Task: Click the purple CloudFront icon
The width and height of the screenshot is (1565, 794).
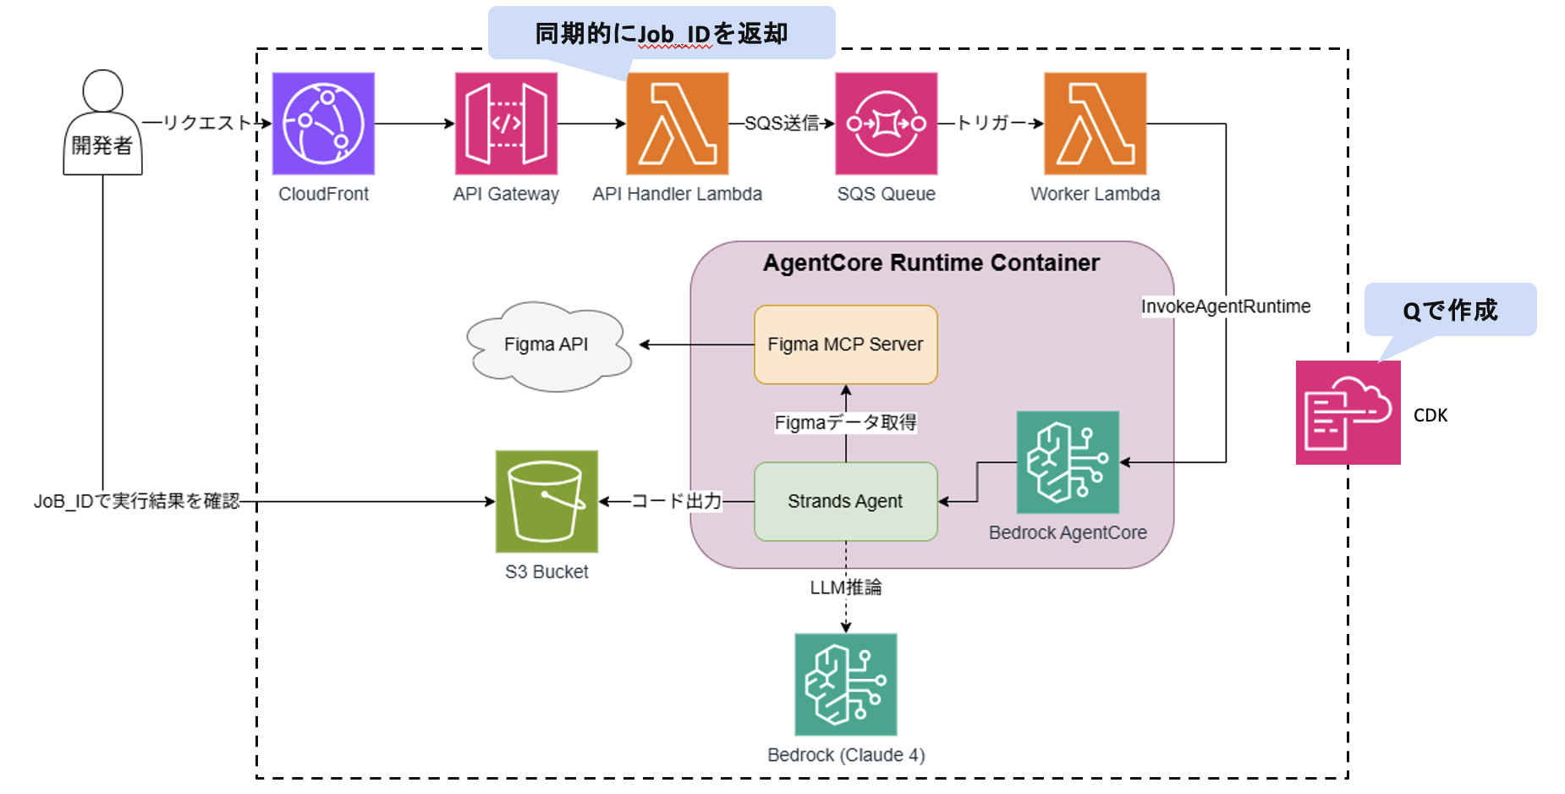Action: [x=323, y=124]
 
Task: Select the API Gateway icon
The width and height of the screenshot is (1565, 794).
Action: [x=506, y=124]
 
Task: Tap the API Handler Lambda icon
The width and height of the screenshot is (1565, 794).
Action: [x=677, y=124]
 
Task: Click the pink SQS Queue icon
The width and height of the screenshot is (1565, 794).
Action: [x=886, y=124]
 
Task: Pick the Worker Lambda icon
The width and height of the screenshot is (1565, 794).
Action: [x=1095, y=124]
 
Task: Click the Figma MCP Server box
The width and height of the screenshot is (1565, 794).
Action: [x=845, y=345]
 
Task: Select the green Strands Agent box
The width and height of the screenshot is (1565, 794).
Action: [x=845, y=501]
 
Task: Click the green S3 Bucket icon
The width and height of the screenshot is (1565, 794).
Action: [x=546, y=501]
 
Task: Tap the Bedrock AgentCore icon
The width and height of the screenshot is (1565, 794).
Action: [x=1068, y=462]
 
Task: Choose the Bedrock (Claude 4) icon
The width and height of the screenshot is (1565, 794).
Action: [x=845, y=684]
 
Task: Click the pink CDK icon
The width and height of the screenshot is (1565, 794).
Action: [x=1348, y=412]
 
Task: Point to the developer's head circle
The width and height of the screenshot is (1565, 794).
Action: [x=102, y=91]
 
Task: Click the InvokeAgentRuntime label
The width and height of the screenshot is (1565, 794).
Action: [x=1225, y=306]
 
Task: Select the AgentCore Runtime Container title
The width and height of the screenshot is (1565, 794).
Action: [x=931, y=263]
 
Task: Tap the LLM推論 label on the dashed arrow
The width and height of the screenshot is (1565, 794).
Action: [x=845, y=587]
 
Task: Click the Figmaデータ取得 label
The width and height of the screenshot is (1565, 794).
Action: [x=845, y=422]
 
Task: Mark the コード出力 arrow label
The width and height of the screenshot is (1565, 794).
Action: [x=677, y=501]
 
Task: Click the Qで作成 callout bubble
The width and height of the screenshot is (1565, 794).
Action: [x=1450, y=311]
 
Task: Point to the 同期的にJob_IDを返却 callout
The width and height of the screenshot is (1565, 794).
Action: [x=662, y=34]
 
